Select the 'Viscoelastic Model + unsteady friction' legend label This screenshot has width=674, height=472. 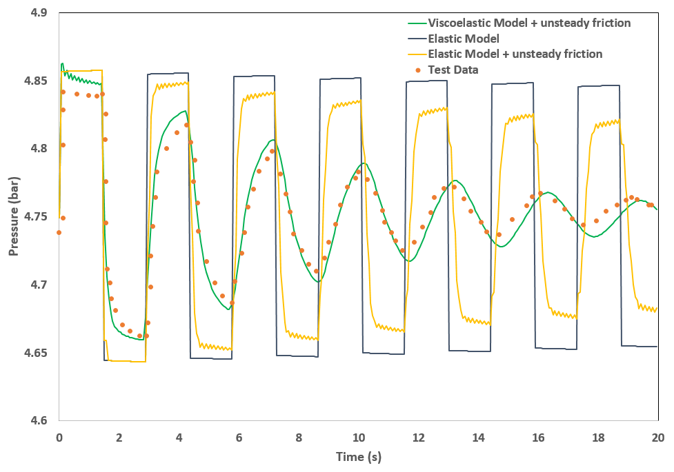click(x=529, y=23)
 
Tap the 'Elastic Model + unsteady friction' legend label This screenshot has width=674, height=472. click(x=515, y=54)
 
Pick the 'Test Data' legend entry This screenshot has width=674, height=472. click(x=453, y=70)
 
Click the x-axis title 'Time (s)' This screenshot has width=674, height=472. click(x=359, y=456)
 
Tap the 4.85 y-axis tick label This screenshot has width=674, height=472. click(x=34, y=81)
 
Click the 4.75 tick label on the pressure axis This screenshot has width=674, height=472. click(x=34, y=217)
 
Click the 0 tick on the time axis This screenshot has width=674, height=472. click(x=59, y=437)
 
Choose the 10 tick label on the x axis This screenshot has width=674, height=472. click(x=359, y=437)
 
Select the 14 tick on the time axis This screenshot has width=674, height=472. click(x=479, y=437)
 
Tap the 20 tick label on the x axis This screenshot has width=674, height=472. click(x=658, y=437)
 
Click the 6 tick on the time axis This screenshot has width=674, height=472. click(x=239, y=437)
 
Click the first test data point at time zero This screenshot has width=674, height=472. click(x=59, y=232)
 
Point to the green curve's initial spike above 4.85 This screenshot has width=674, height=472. click(x=62, y=64)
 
